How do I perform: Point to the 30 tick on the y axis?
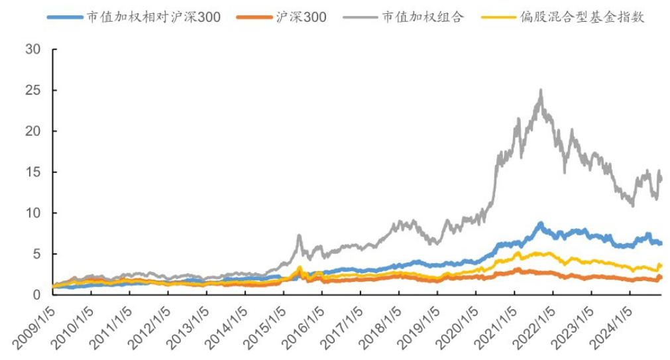pos(32,50)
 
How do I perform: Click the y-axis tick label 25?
pos(32,90)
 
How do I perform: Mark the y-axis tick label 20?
pos(32,131)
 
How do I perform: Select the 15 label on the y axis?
pos(32,172)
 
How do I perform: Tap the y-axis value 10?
pos(32,213)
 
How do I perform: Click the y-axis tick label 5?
pos(36,254)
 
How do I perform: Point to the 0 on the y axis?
pos(36,294)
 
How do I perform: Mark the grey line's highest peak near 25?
pos(541,90)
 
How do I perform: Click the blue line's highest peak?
pos(541,223)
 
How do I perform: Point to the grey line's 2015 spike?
pos(299,235)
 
